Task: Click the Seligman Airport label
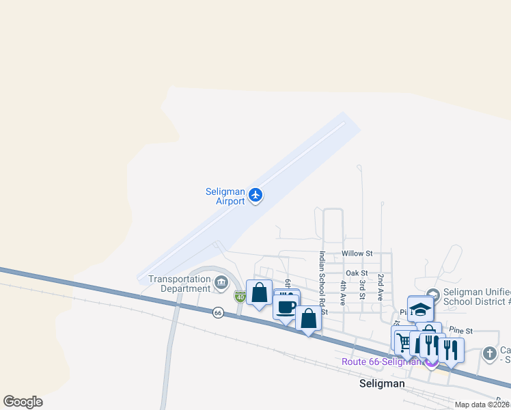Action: coord(225,197)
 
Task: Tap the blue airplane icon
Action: coord(255,195)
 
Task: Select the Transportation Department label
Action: coord(180,284)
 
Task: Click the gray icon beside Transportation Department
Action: coord(221,282)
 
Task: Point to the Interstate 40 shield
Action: coord(240,297)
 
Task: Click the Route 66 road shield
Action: coord(218,312)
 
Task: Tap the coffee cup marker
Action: coord(287,307)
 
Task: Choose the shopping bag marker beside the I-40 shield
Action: coord(259,292)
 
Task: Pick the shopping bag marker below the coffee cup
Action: coord(308,319)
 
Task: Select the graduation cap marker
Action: coord(421,309)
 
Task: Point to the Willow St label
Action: coord(357,253)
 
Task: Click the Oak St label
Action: coord(357,273)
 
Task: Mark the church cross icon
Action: coord(489,353)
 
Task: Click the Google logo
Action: coord(23,402)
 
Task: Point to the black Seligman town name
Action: coord(382,384)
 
